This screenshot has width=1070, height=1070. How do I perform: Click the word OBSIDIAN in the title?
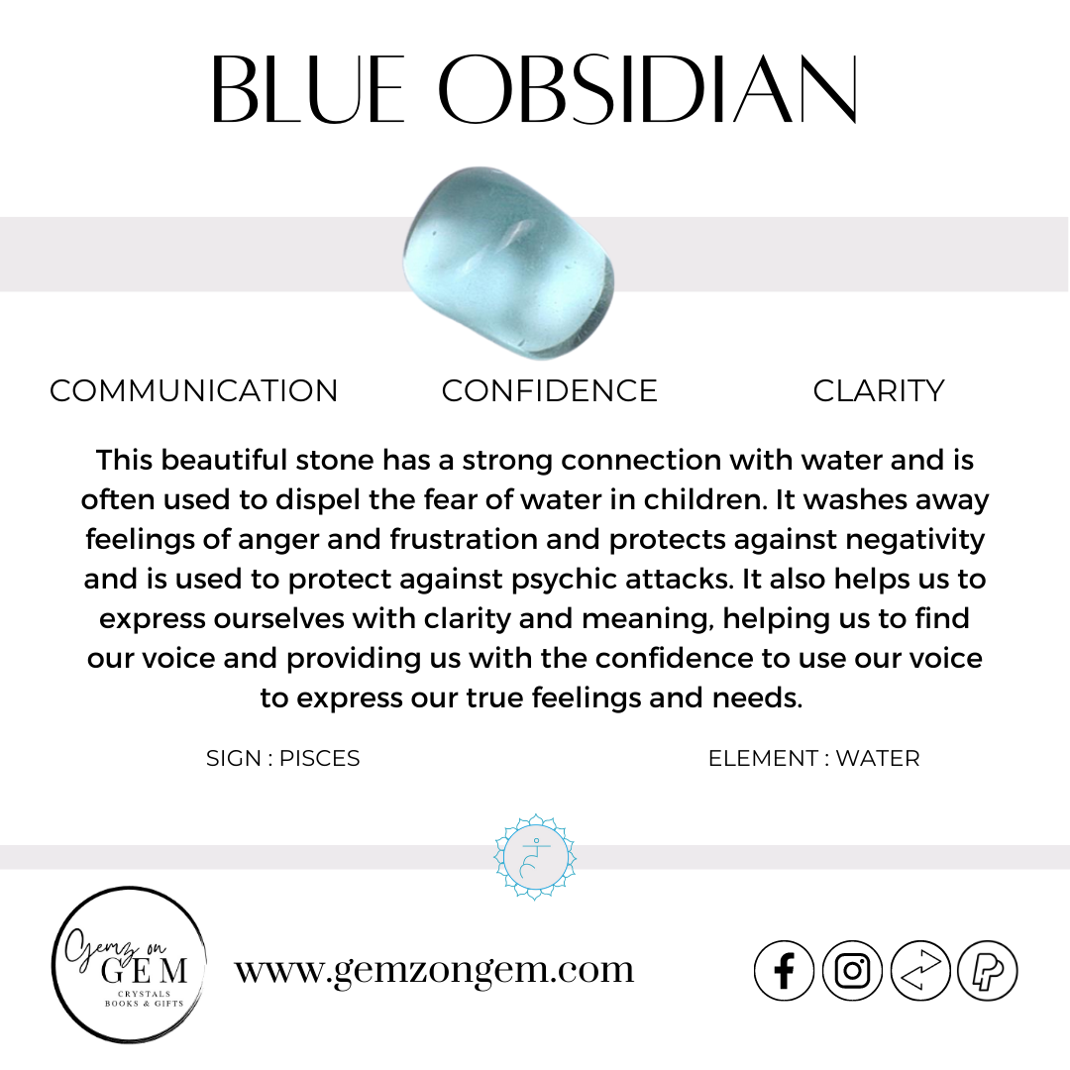tap(648, 90)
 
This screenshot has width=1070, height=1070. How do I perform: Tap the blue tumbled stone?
tap(508, 265)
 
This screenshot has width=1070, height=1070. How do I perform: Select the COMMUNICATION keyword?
tap(194, 391)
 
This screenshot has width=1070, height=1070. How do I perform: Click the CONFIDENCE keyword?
tap(549, 391)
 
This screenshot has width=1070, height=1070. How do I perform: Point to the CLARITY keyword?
tap(878, 391)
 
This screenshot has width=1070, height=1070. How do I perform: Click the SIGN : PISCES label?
tap(282, 759)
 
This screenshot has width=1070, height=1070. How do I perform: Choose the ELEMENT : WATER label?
tap(813, 759)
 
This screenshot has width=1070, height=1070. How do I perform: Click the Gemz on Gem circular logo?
tap(129, 964)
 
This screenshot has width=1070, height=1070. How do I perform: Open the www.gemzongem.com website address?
tap(434, 969)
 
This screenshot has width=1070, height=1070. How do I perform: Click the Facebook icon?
tap(784, 971)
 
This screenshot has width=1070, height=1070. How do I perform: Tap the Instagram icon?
tap(852, 971)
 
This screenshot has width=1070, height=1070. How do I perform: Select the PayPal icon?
tap(988, 971)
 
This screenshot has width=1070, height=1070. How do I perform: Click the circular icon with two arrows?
tap(920, 971)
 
